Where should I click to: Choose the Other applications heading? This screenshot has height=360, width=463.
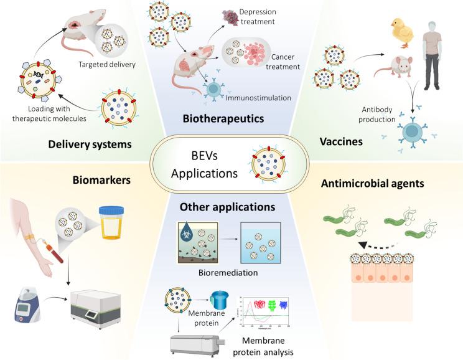(227, 206)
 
